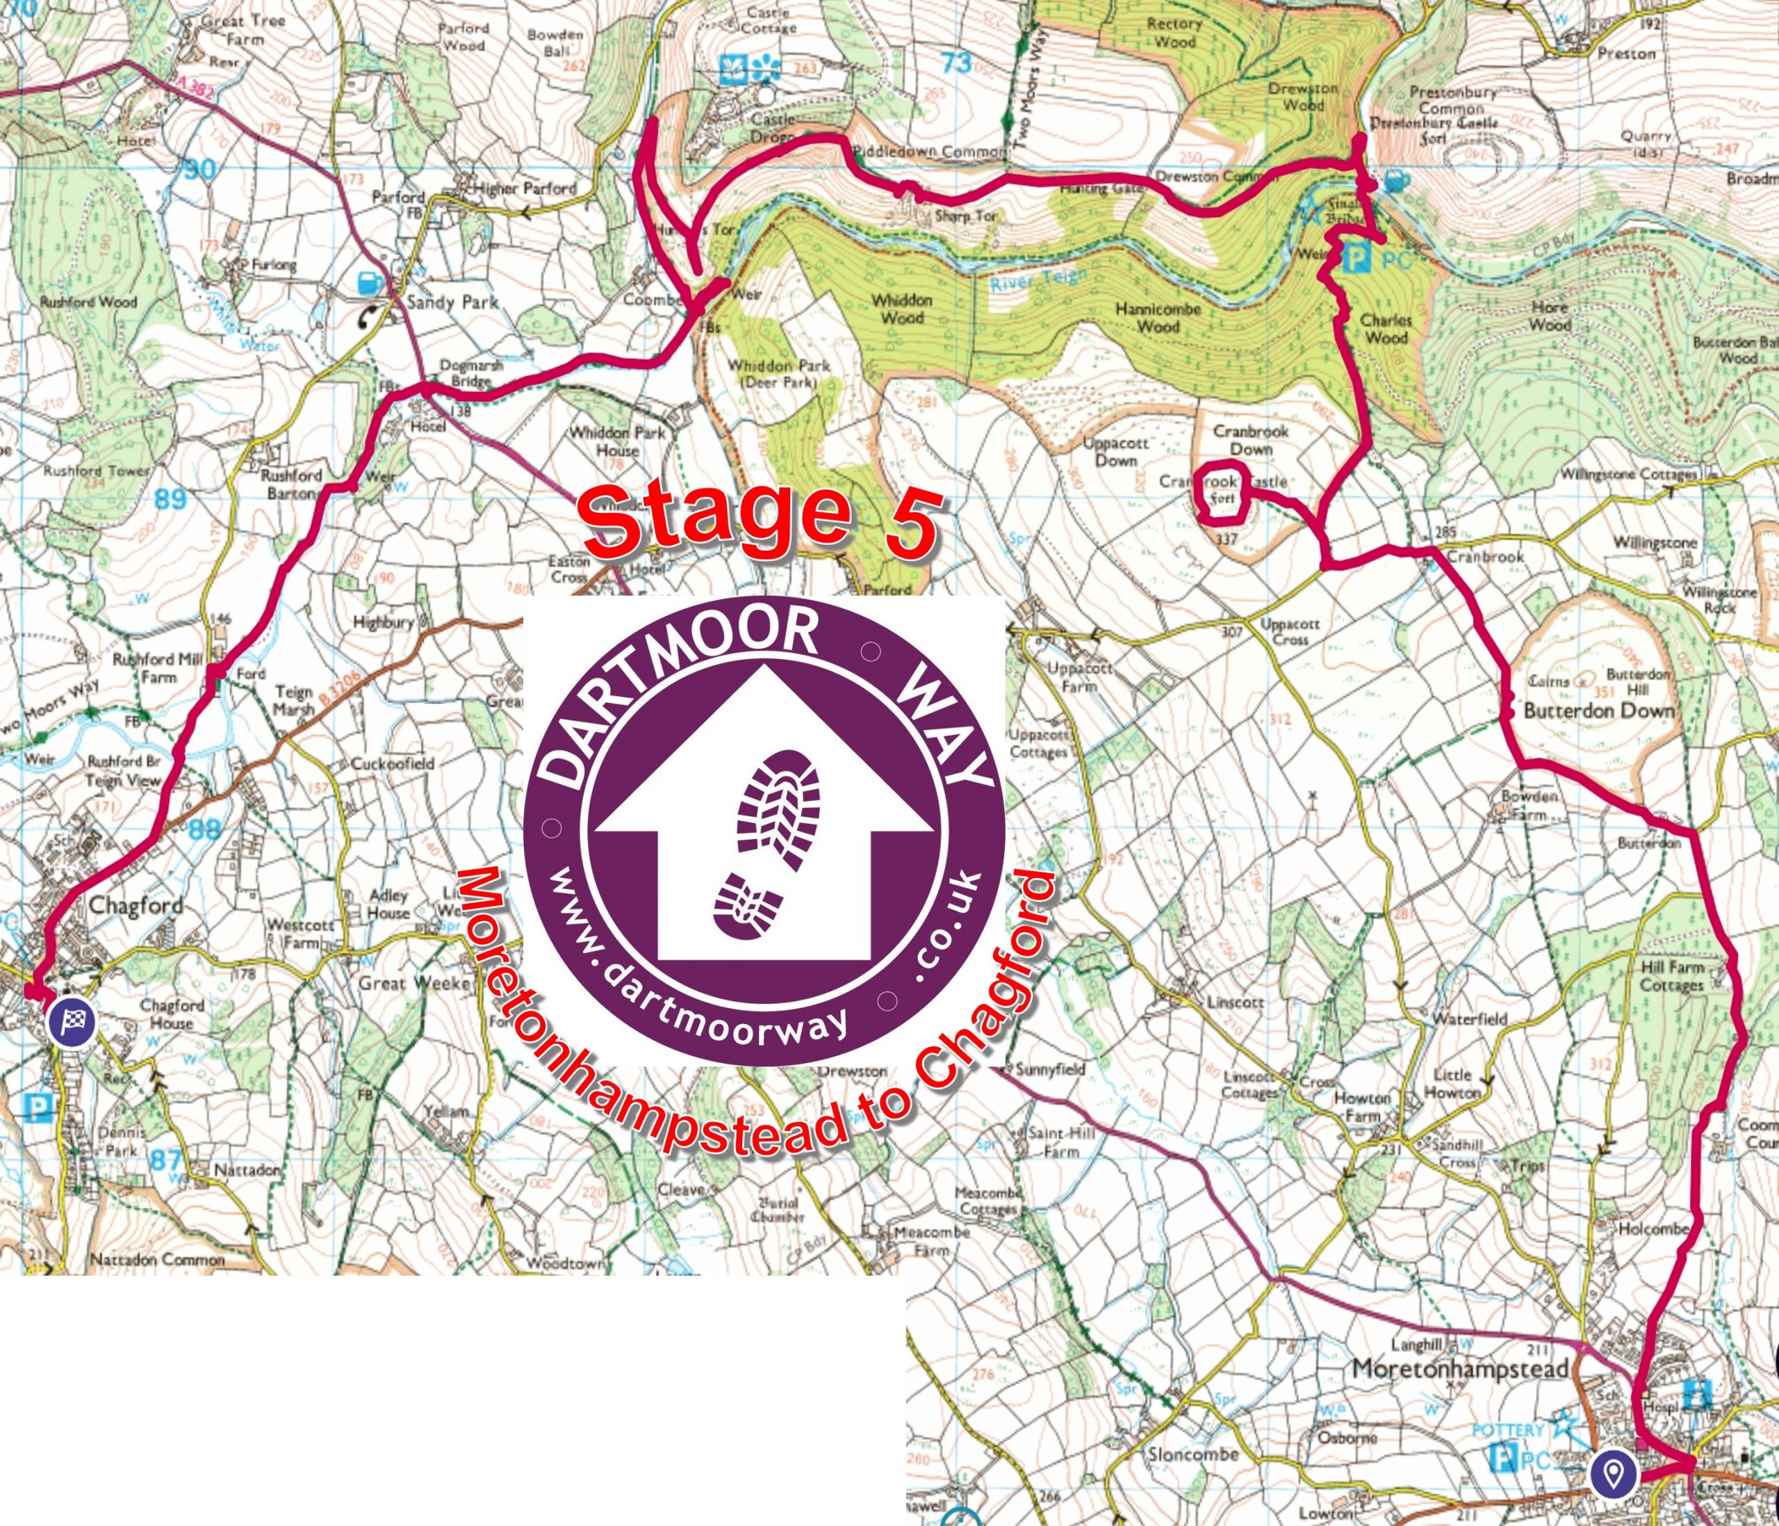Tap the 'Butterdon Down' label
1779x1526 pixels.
(1599, 711)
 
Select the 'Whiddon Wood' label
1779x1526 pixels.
(901, 309)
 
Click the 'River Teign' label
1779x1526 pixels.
(1038, 281)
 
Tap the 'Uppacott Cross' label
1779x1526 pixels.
(1290, 631)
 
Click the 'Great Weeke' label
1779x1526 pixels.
(416, 982)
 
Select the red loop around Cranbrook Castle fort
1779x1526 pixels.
(1222, 492)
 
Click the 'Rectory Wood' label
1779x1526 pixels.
(1174, 33)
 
